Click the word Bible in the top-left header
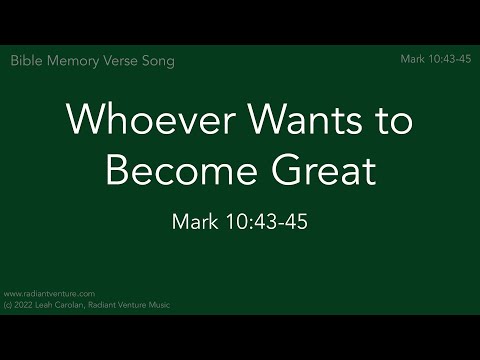coord(27,61)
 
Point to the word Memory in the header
coord(74,61)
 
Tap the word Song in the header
coord(160,61)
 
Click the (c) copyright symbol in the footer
coord(8,304)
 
